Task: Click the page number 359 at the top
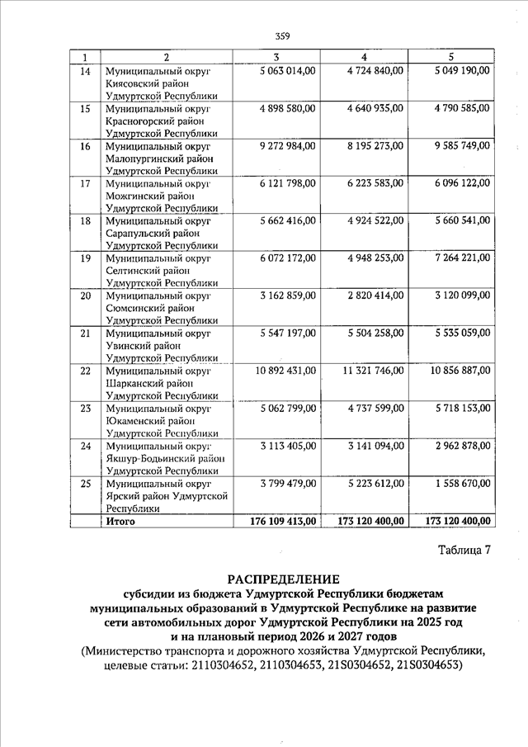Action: tap(282, 35)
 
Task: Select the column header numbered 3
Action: tap(276, 57)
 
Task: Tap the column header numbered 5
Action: tap(450, 57)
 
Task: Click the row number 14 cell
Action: tap(83, 71)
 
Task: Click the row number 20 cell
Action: tap(83, 295)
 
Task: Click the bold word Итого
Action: tap(120, 522)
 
